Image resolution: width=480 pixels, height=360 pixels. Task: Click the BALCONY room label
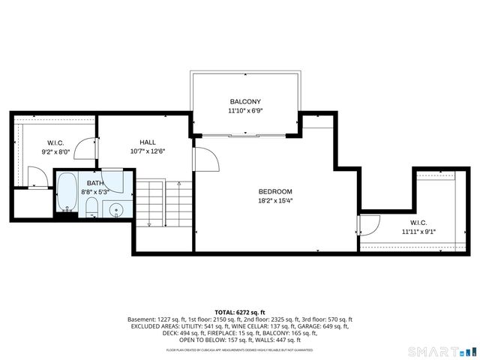click(245, 101)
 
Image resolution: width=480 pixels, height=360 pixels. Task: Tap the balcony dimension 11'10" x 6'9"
click(245, 110)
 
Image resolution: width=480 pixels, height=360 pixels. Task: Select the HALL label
click(147, 142)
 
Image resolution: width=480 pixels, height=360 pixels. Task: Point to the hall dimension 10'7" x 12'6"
click(147, 151)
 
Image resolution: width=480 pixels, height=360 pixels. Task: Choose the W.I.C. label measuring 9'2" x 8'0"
click(56, 142)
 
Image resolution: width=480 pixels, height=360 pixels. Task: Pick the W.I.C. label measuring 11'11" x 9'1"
click(418, 223)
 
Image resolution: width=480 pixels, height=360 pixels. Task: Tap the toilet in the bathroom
click(91, 207)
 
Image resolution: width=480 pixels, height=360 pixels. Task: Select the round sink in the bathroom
click(115, 209)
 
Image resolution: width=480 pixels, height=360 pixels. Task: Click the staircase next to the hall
click(163, 204)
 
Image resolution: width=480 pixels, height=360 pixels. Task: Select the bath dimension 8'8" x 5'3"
click(95, 192)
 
